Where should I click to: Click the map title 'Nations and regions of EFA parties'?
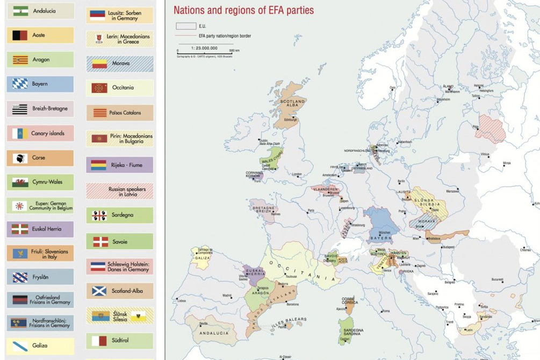(243, 10)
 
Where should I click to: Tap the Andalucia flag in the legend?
(20, 11)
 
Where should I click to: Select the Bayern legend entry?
(40, 84)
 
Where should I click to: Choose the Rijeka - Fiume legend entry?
(119, 165)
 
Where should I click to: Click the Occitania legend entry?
(119, 88)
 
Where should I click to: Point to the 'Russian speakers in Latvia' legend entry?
(119, 192)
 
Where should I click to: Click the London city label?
(297, 175)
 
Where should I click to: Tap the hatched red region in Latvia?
(490, 129)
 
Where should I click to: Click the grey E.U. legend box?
(186, 26)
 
